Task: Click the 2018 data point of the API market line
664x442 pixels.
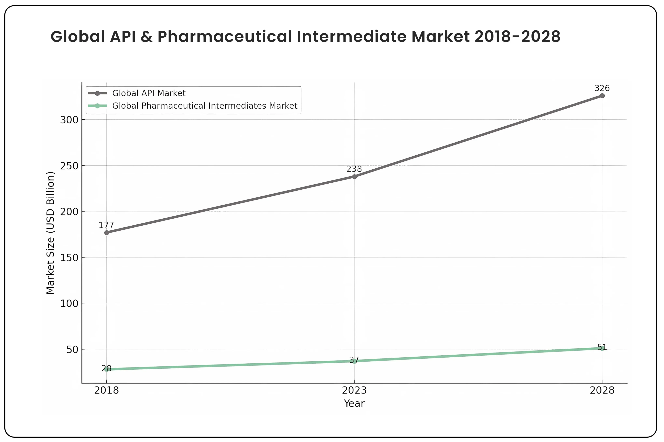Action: point(107,233)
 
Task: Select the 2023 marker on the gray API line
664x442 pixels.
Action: point(354,177)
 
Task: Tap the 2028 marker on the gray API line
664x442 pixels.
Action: point(602,96)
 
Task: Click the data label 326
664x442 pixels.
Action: point(602,88)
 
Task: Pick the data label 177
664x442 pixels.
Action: point(106,225)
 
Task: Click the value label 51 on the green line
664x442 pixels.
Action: point(602,347)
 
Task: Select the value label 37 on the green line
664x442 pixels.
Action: point(354,360)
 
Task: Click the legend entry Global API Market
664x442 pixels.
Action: point(149,93)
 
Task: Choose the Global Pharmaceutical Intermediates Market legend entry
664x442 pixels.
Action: point(205,106)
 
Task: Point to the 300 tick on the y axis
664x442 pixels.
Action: point(69,120)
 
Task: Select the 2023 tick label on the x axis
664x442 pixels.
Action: point(354,390)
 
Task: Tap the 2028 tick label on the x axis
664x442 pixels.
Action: point(602,390)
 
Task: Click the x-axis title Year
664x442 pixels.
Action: point(354,403)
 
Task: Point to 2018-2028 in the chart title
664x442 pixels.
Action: point(517,37)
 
